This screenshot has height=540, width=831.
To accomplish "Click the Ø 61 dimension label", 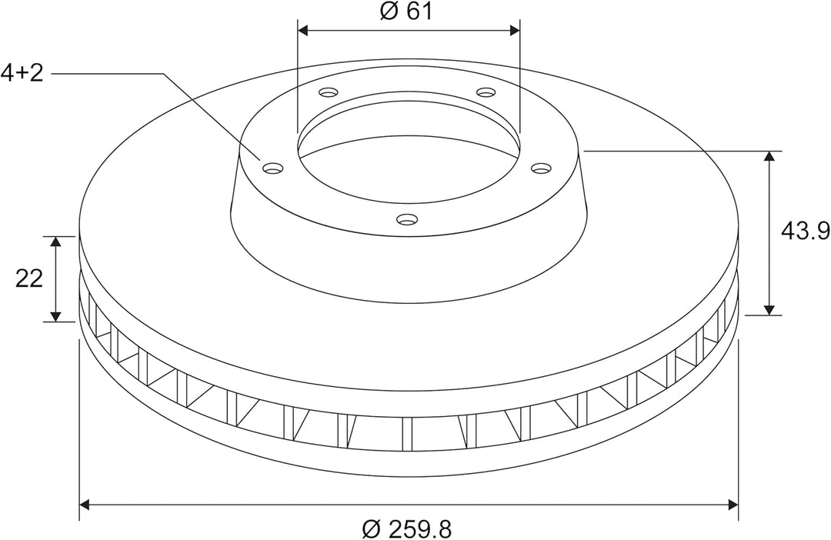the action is tap(406, 11).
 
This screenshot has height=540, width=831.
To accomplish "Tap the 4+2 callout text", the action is tap(22, 73).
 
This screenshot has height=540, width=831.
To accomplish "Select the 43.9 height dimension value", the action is tap(806, 231).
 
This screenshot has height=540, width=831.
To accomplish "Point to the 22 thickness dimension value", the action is tap(28, 278).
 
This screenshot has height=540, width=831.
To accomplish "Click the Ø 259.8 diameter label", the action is tap(407, 529).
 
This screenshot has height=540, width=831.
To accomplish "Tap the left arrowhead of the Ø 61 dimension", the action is tap(302, 30).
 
